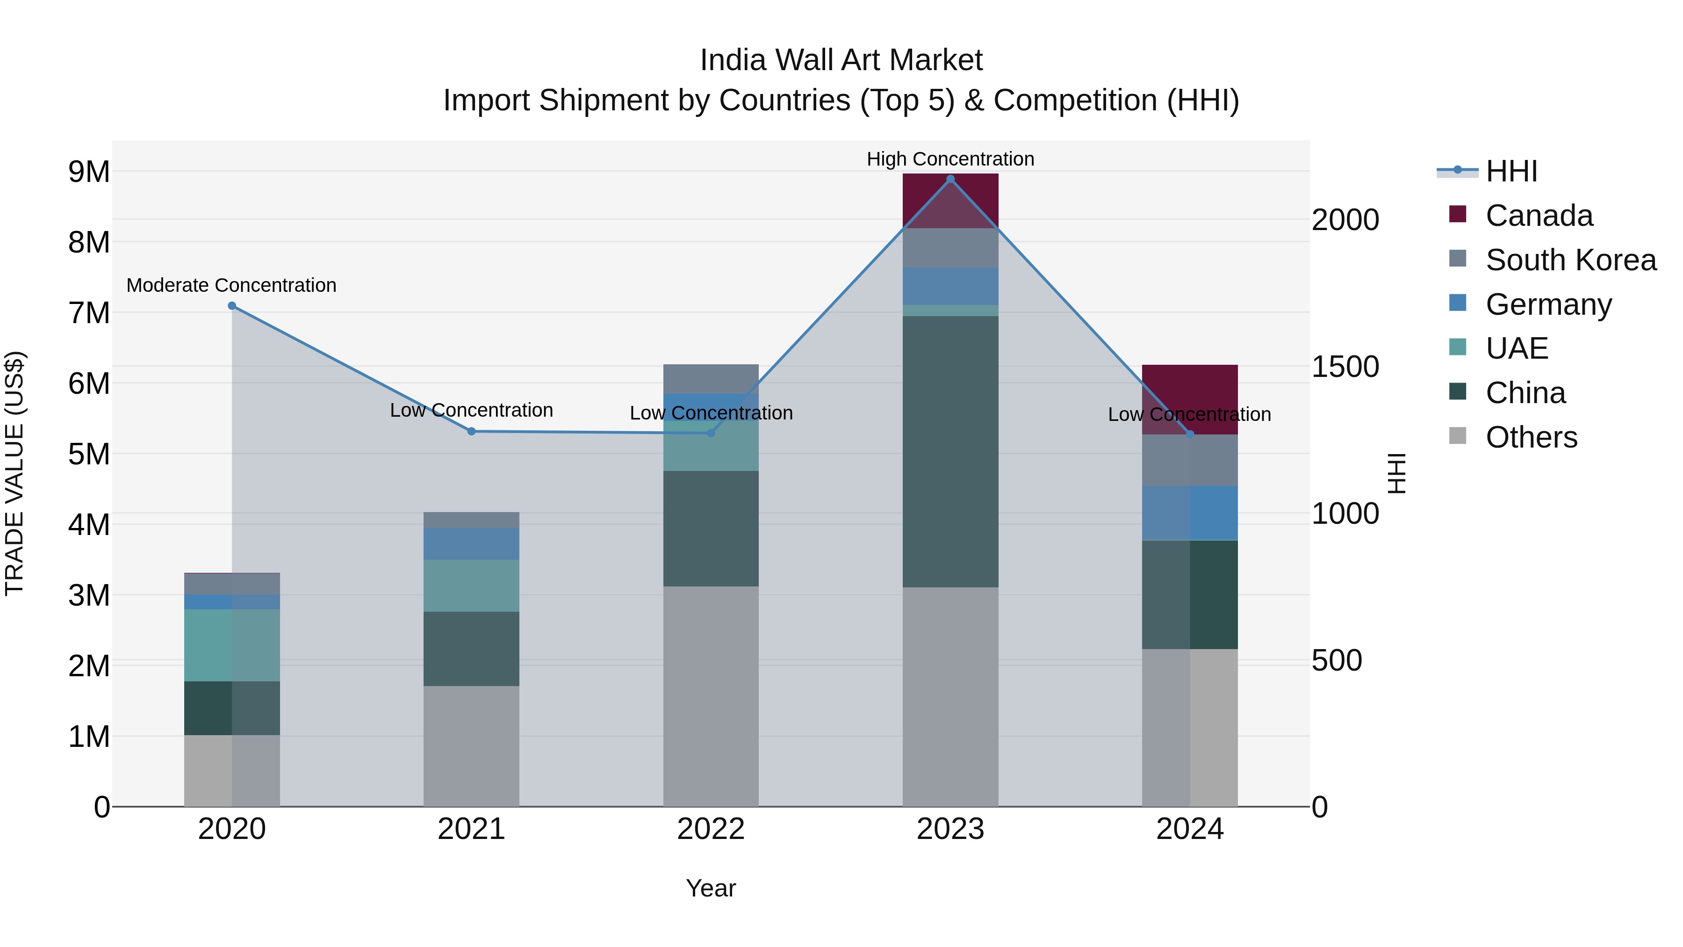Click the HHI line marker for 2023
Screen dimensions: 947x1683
tap(950, 179)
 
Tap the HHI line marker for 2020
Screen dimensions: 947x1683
tap(232, 306)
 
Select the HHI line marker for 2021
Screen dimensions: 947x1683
tap(471, 431)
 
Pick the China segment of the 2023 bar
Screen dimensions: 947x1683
tap(950, 451)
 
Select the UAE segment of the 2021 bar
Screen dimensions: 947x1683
tap(471, 586)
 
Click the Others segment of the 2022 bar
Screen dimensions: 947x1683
tap(711, 696)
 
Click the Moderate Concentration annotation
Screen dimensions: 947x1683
tap(231, 286)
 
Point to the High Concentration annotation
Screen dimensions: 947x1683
tap(950, 159)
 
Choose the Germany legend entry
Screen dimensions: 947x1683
tap(1548, 304)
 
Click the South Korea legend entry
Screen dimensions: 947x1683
tap(1571, 260)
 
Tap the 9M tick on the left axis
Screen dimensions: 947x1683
tap(89, 172)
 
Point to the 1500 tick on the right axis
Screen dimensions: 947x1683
tap(1345, 367)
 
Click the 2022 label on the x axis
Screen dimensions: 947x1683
tap(711, 829)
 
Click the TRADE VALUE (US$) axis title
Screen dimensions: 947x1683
tap(15, 473)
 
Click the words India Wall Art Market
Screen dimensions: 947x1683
tap(841, 61)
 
